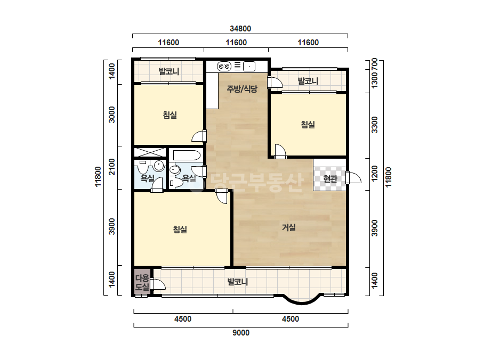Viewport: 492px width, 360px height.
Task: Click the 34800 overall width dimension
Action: click(x=240, y=29)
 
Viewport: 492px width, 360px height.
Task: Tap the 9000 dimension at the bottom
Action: click(x=241, y=333)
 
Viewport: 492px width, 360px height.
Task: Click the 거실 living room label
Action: click(x=289, y=227)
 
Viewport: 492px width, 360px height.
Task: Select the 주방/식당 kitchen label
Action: click(x=242, y=89)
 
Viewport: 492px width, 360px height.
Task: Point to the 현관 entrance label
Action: click(x=330, y=178)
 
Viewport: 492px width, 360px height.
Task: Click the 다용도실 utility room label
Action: click(x=142, y=282)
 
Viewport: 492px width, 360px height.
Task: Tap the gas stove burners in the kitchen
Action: click(x=224, y=67)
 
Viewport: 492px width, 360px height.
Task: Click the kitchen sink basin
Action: click(x=249, y=67)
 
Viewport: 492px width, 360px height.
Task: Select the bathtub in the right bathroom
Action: click(x=187, y=156)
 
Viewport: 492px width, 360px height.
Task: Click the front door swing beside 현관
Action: click(x=353, y=177)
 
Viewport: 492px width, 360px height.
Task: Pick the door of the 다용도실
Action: click(x=158, y=284)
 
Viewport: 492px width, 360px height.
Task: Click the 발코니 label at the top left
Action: click(x=169, y=71)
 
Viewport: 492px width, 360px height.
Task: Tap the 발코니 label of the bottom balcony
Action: click(x=238, y=282)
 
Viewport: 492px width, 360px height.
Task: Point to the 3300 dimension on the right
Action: click(x=374, y=125)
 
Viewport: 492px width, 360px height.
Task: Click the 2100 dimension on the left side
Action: click(x=112, y=167)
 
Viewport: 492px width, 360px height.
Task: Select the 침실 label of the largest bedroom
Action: click(x=180, y=229)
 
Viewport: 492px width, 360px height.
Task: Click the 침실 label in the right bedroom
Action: click(x=308, y=125)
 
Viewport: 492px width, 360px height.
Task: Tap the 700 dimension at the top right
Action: click(x=374, y=64)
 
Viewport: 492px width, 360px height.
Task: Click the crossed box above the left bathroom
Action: click(x=150, y=152)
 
